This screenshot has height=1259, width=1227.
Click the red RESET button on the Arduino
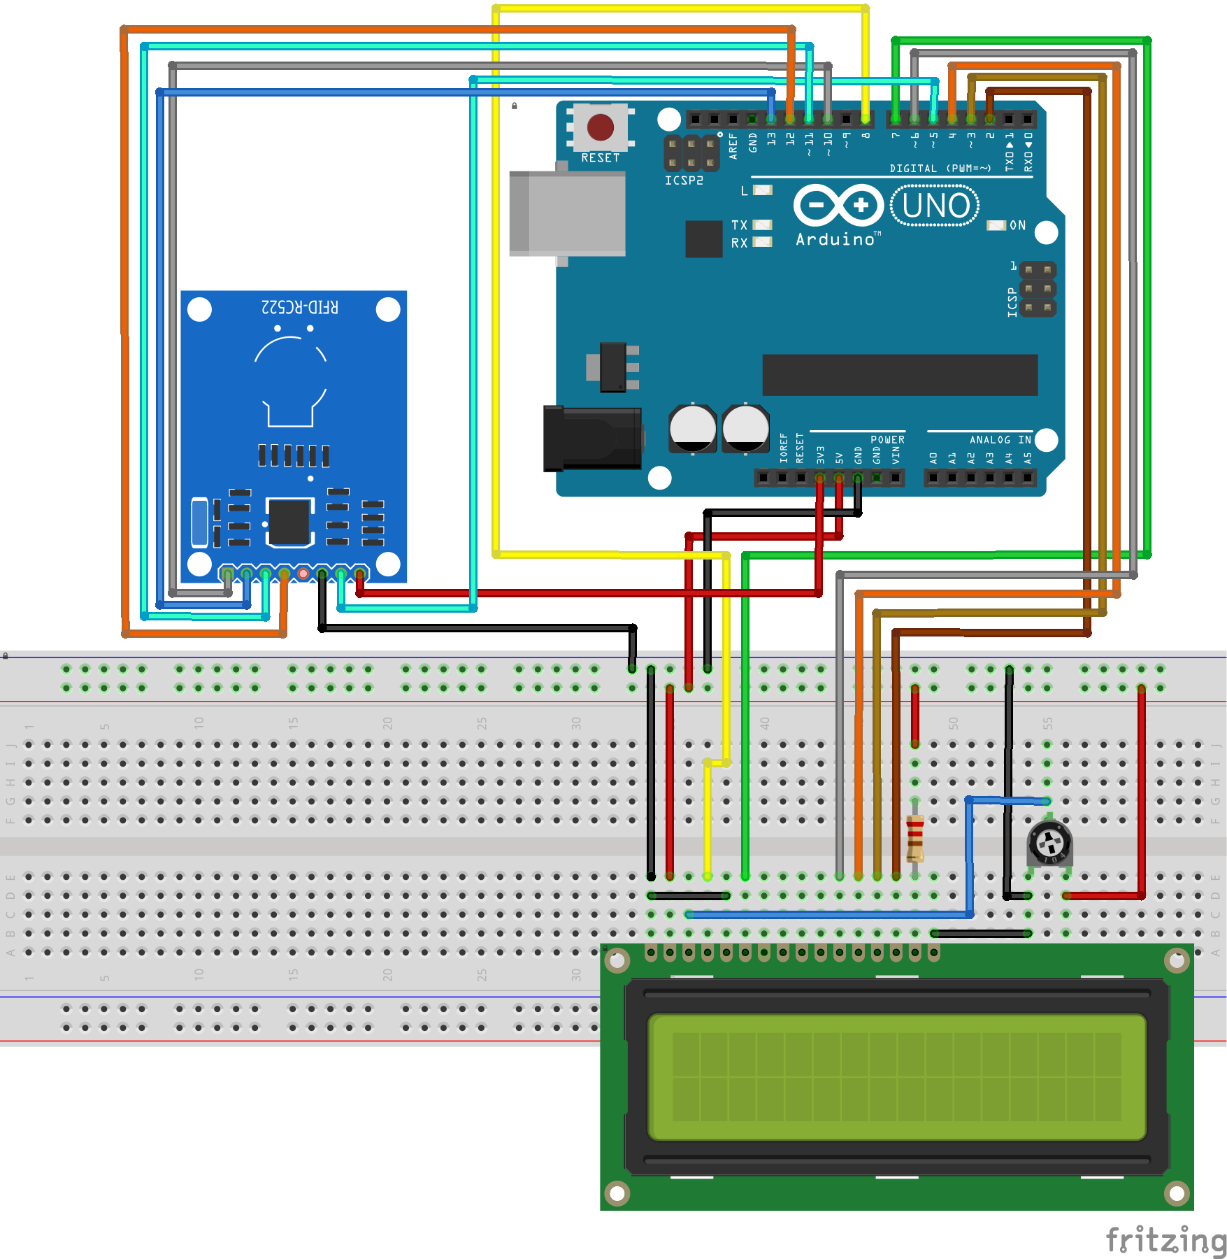(x=600, y=127)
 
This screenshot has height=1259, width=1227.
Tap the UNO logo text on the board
(x=935, y=206)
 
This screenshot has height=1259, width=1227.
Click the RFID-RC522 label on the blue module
(x=299, y=307)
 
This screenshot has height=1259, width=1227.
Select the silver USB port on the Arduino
(x=567, y=213)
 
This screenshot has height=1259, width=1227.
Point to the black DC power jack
(x=591, y=439)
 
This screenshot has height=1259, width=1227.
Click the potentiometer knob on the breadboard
(x=1049, y=843)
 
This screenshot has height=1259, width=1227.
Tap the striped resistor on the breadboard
(x=914, y=838)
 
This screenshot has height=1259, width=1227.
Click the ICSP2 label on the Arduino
(x=684, y=180)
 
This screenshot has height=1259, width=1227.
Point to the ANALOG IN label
(x=1000, y=440)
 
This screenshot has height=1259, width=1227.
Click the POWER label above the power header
(x=887, y=440)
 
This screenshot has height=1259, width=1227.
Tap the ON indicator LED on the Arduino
(x=996, y=225)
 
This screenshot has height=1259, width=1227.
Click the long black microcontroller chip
(x=900, y=375)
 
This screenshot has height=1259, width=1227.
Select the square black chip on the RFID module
(x=289, y=522)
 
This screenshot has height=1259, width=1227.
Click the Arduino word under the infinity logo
(x=835, y=240)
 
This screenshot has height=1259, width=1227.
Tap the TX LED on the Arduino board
(x=762, y=225)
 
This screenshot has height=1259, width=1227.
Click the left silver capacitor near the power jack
(x=692, y=428)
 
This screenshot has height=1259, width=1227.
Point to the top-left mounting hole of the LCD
(x=617, y=961)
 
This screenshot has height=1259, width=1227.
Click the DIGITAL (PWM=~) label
(x=940, y=169)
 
